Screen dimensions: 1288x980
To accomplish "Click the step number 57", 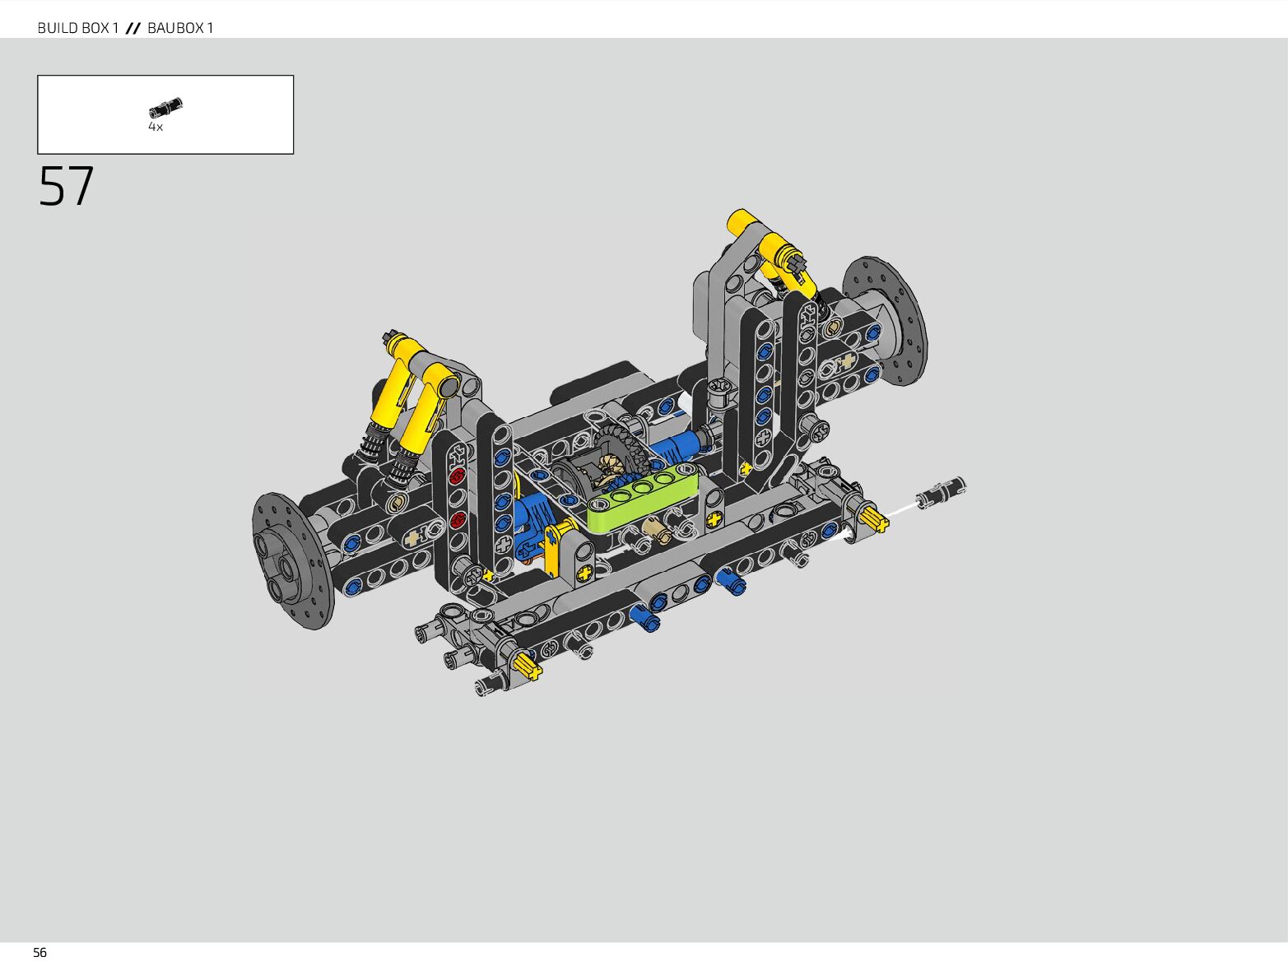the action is point(66,186).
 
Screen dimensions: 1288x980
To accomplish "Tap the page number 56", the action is point(40,953).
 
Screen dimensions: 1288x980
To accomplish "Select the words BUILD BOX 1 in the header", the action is point(78,27).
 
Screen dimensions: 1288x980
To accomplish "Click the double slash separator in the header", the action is point(133,28).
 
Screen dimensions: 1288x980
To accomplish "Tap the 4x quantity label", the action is point(156,127).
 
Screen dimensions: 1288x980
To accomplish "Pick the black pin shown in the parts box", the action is point(165,108).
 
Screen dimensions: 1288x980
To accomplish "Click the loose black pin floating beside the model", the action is point(941,493).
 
